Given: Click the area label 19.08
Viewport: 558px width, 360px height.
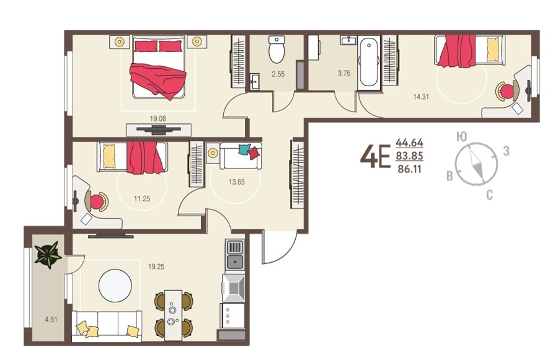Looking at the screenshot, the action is [x=157, y=118].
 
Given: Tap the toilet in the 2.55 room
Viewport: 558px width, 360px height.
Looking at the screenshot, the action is [x=277, y=49].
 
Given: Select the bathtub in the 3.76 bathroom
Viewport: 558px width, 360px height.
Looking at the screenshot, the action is [x=369, y=63].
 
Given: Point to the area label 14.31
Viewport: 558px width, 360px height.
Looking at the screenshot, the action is [x=421, y=97].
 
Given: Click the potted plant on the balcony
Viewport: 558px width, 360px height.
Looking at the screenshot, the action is [x=48, y=254].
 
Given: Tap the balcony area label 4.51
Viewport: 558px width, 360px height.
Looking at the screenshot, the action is [x=51, y=320].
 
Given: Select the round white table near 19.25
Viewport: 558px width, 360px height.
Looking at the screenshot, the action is [x=115, y=286].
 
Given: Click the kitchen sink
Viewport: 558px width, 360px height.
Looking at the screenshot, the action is [x=235, y=262].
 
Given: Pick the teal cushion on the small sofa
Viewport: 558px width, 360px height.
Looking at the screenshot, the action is [x=244, y=149].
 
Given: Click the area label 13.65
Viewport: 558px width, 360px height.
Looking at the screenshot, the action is [x=237, y=182].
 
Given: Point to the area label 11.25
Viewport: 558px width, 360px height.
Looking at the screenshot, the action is [x=142, y=198].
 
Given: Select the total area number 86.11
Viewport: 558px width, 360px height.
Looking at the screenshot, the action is [x=409, y=169].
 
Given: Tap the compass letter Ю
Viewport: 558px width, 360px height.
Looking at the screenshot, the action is [x=461, y=136].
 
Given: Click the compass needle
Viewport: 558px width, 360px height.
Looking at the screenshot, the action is [x=476, y=164].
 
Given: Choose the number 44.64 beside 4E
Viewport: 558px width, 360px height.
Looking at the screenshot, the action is [x=410, y=143].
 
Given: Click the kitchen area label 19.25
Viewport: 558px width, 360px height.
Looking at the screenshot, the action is [x=156, y=266].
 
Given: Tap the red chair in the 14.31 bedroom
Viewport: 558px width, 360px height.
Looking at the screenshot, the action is [x=507, y=92].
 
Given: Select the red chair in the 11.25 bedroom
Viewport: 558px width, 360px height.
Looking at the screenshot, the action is [x=97, y=202].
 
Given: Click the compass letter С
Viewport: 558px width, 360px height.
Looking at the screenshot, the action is [x=489, y=195].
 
